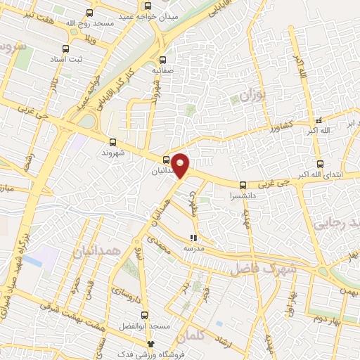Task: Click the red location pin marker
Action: (x=181, y=165)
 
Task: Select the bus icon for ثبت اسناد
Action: (x=65, y=49)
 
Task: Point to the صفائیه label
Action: (x=163, y=70)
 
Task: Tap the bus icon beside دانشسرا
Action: (x=243, y=186)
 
